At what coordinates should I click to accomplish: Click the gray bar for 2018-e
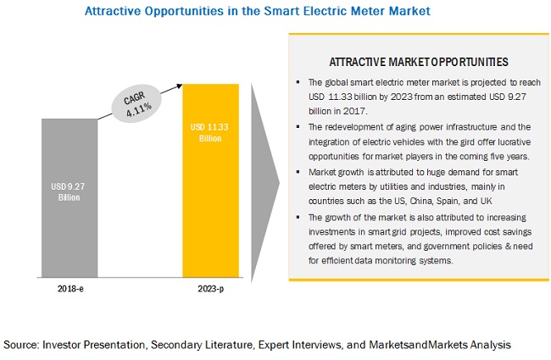pos(70,195)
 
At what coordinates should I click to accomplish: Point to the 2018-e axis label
pos(70,289)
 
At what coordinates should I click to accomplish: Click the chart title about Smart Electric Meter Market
pos(256,11)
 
